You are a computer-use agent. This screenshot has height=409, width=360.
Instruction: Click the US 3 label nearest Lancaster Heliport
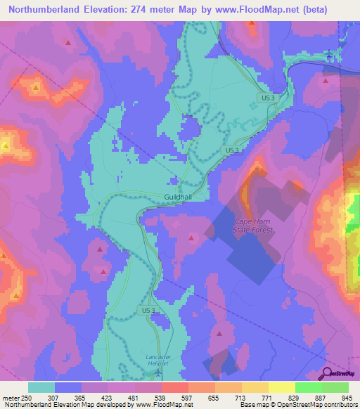coord(147,310)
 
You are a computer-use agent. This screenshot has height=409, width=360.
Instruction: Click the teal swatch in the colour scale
coord(41,387)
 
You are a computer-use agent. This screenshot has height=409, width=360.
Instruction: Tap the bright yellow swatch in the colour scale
coord(281,387)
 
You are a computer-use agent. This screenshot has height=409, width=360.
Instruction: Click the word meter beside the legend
coord(9,398)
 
